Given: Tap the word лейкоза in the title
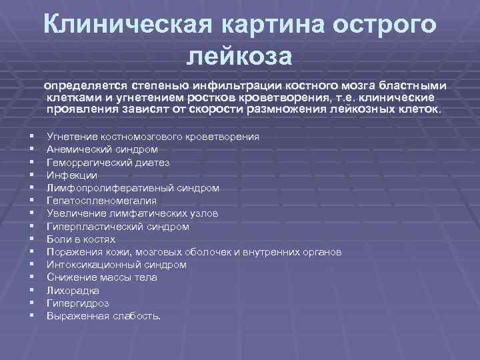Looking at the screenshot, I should click(239, 55).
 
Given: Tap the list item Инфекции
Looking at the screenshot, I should click(72, 175).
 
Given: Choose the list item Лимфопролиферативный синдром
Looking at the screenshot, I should click(133, 188).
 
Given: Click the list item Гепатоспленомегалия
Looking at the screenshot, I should click(102, 201).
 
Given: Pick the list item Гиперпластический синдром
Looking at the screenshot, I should click(118, 227).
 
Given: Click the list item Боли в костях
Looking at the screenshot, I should click(81, 239).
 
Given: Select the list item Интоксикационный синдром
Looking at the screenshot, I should click(117, 265).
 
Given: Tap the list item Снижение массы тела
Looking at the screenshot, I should click(102, 277).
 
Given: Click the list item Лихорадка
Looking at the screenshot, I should click(73, 291).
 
